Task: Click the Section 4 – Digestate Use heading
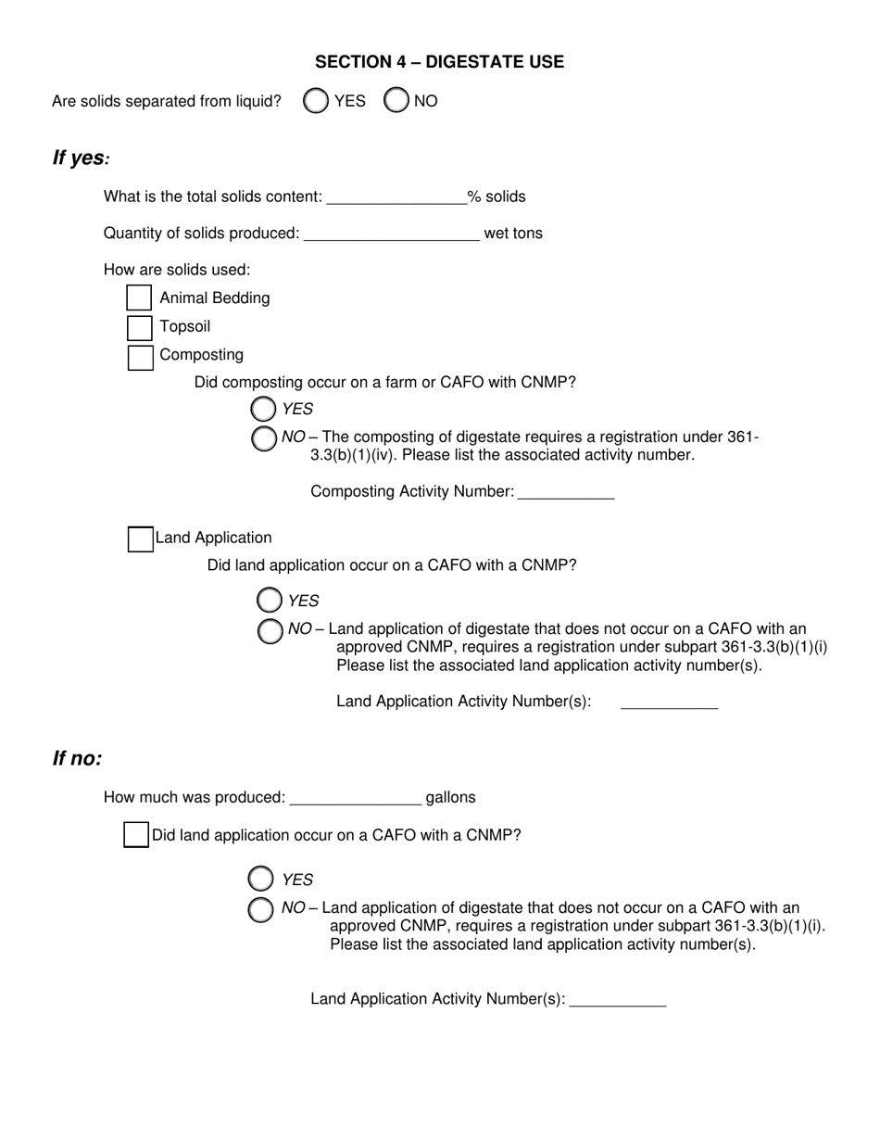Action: coord(439,62)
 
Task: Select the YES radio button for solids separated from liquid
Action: coord(316,101)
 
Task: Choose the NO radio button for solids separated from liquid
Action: coord(396,101)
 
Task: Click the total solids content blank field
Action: coord(396,196)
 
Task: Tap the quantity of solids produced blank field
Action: coord(391,233)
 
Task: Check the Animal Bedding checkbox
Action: coord(139,298)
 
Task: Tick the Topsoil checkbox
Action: coord(139,327)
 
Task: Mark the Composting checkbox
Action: coord(140,357)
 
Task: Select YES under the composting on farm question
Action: coord(263,409)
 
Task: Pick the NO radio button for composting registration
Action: coord(264,438)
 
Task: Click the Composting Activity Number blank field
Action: coord(566,491)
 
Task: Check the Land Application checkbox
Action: coord(140,538)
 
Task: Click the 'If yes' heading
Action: coord(81,158)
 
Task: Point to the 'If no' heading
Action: coord(77,759)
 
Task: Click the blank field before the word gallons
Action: coord(355,797)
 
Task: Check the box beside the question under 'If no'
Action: coord(136,835)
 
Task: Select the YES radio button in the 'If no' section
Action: coord(261,879)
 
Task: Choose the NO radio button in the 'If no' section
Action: coord(261,909)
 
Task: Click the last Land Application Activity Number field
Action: coord(618,998)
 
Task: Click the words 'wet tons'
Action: coord(513,234)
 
